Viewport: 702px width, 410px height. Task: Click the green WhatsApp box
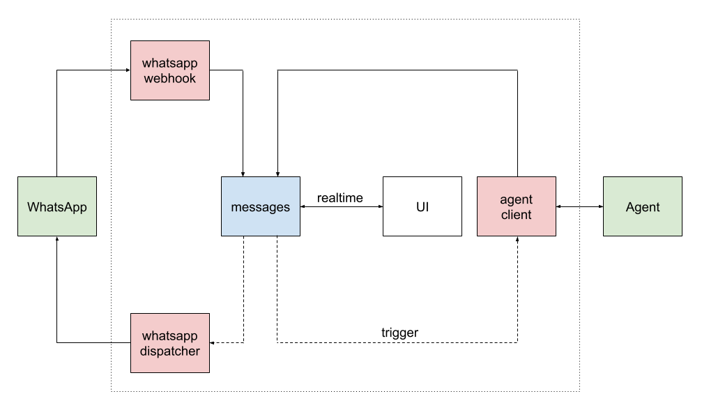57,206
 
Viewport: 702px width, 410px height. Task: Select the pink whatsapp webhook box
170,70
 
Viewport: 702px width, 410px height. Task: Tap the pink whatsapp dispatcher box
170,343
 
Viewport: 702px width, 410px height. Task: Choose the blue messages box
261,206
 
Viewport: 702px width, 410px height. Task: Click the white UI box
422,206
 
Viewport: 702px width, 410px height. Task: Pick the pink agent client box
517,206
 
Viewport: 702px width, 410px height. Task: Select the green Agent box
643,206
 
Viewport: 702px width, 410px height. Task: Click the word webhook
170,78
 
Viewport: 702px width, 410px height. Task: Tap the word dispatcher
170,351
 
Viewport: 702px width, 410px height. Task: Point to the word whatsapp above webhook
170,63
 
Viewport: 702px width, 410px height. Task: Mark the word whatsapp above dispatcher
170,336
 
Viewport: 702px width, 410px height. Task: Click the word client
517,215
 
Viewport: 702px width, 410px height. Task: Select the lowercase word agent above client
517,199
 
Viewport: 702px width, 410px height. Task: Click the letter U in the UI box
420,207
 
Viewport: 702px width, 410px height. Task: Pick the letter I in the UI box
427,207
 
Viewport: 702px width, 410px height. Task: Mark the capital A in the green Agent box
630,207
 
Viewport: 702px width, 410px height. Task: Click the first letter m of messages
236,208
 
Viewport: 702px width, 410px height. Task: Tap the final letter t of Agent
657,207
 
